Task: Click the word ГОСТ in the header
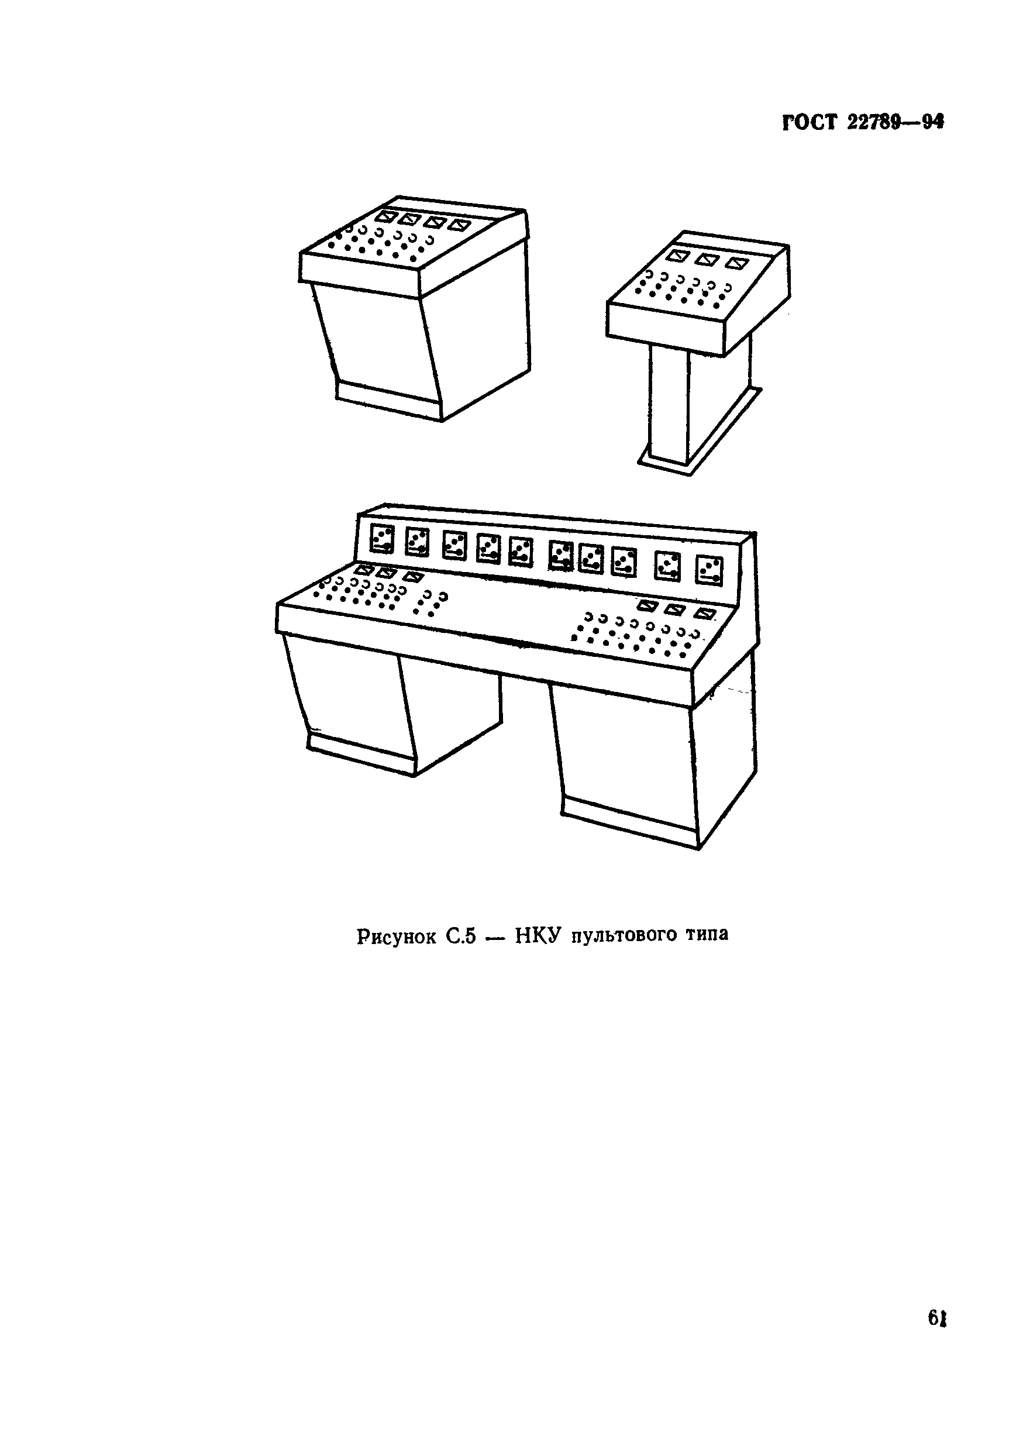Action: pos(809,122)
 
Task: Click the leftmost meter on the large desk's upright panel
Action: pos(381,539)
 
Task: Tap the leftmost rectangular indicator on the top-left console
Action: pos(384,216)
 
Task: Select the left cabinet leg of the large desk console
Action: pos(391,704)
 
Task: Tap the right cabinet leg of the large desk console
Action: pos(657,764)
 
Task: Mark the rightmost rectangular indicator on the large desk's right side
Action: pos(705,613)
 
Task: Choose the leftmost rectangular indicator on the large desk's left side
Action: pos(364,570)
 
